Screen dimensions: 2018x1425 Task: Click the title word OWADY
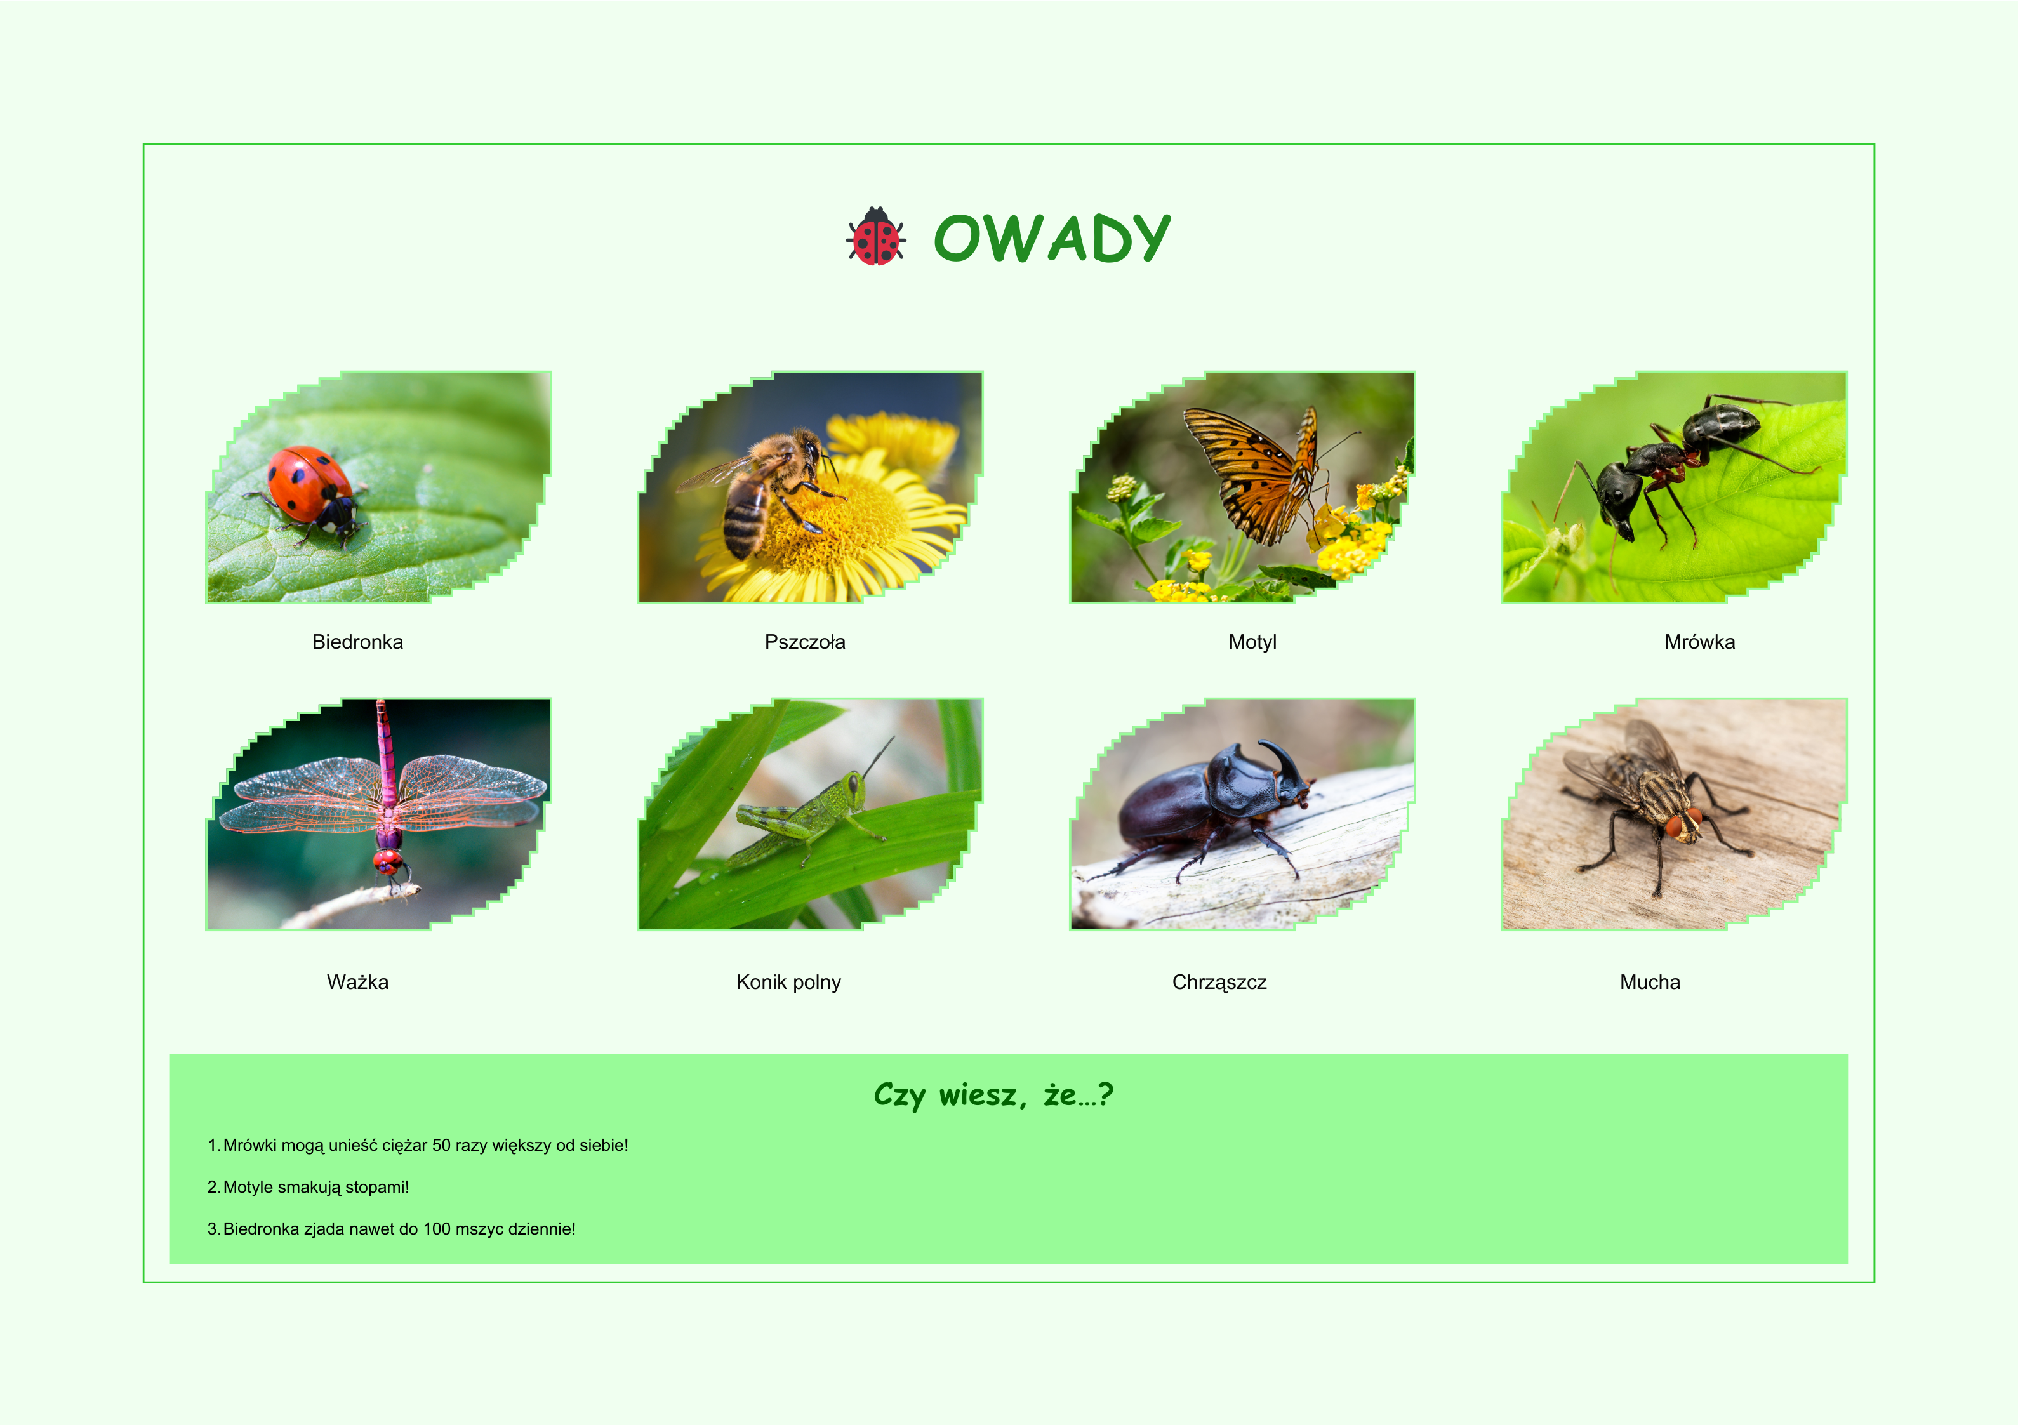click(x=1052, y=237)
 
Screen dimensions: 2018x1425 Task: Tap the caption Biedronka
click(x=358, y=642)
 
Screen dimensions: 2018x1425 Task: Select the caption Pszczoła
click(x=805, y=642)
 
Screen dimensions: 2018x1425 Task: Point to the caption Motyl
click(x=1252, y=642)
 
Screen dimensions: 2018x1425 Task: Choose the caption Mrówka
click(x=1700, y=642)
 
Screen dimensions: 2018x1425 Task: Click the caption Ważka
click(x=358, y=982)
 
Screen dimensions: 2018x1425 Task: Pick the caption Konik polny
click(x=788, y=982)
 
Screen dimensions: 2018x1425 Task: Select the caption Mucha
click(x=1650, y=982)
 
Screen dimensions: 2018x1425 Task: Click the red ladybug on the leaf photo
click(x=313, y=493)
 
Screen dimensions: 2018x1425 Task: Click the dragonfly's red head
click(x=387, y=861)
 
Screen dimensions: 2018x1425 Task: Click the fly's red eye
click(x=1675, y=826)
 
